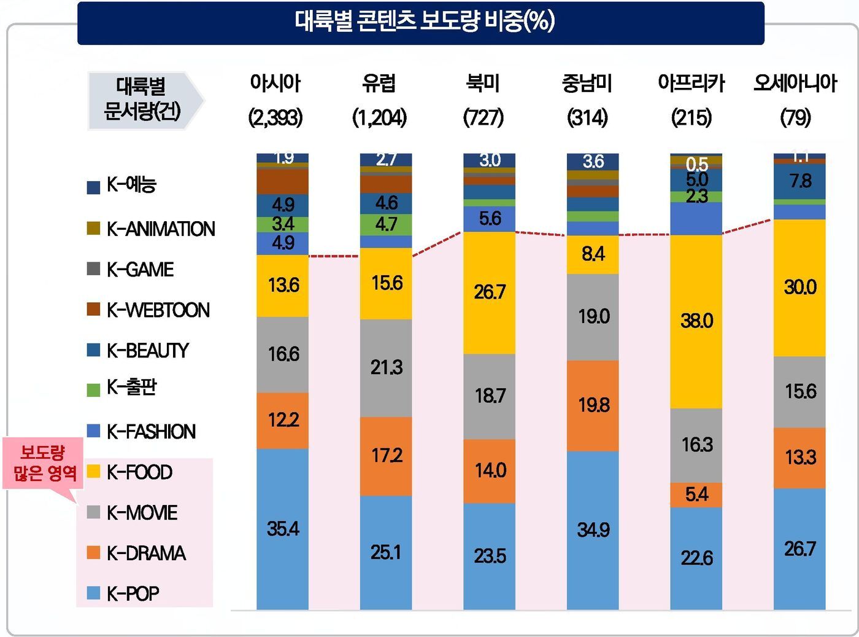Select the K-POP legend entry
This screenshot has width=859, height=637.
tap(132, 593)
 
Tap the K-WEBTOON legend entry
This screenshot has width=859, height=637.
tap(157, 310)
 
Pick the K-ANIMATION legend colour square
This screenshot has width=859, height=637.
tap(93, 229)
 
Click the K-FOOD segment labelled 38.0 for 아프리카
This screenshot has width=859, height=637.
tap(696, 321)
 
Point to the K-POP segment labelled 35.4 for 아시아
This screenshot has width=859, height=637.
tap(282, 529)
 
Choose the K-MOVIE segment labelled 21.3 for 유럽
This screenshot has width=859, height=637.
tap(386, 368)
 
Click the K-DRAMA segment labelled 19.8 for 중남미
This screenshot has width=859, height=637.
tap(593, 405)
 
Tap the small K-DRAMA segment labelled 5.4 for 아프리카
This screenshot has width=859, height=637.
tap(696, 494)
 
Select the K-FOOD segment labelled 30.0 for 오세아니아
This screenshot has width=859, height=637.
tap(799, 287)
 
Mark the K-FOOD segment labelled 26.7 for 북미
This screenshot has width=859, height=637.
tap(489, 292)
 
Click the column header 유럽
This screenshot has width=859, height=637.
tap(379, 84)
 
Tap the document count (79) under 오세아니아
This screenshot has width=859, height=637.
tap(795, 117)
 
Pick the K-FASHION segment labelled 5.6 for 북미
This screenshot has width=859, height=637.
tap(489, 219)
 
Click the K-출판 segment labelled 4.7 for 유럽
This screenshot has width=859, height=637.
tap(386, 224)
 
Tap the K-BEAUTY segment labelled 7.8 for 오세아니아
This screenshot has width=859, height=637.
tap(799, 181)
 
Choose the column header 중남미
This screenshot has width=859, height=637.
tap(587, 84)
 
